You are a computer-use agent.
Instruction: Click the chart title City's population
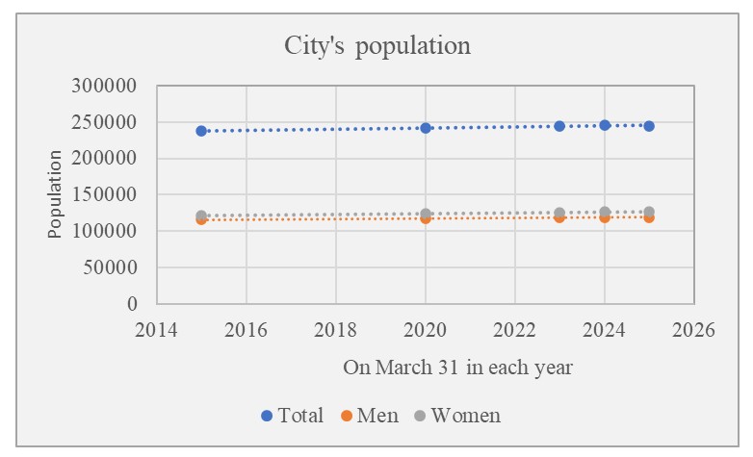tap(376, 45)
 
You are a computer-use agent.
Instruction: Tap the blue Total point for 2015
tap(201, 131)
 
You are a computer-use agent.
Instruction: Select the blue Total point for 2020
tap(426, 128)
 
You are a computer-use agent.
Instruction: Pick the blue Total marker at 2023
tap(559, 126)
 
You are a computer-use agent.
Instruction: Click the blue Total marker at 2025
tap(649, 126)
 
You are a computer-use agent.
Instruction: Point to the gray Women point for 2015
tap(201, 216)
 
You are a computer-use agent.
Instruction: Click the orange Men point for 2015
tap(201, 220)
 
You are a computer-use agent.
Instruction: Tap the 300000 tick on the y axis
tap(105, 86)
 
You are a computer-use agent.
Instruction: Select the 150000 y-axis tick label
tap(105, 195)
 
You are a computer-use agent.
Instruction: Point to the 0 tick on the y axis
tap(132, 304)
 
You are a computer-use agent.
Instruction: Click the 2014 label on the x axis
tap(156, 330)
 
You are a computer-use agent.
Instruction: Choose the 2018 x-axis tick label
tap(335, 330)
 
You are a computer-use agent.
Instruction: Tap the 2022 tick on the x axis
tap(514, 330)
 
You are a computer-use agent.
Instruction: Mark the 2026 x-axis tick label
tap(693, 330)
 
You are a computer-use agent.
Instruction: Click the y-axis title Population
tap(56, 194)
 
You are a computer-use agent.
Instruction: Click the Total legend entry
tap(293, 416)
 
